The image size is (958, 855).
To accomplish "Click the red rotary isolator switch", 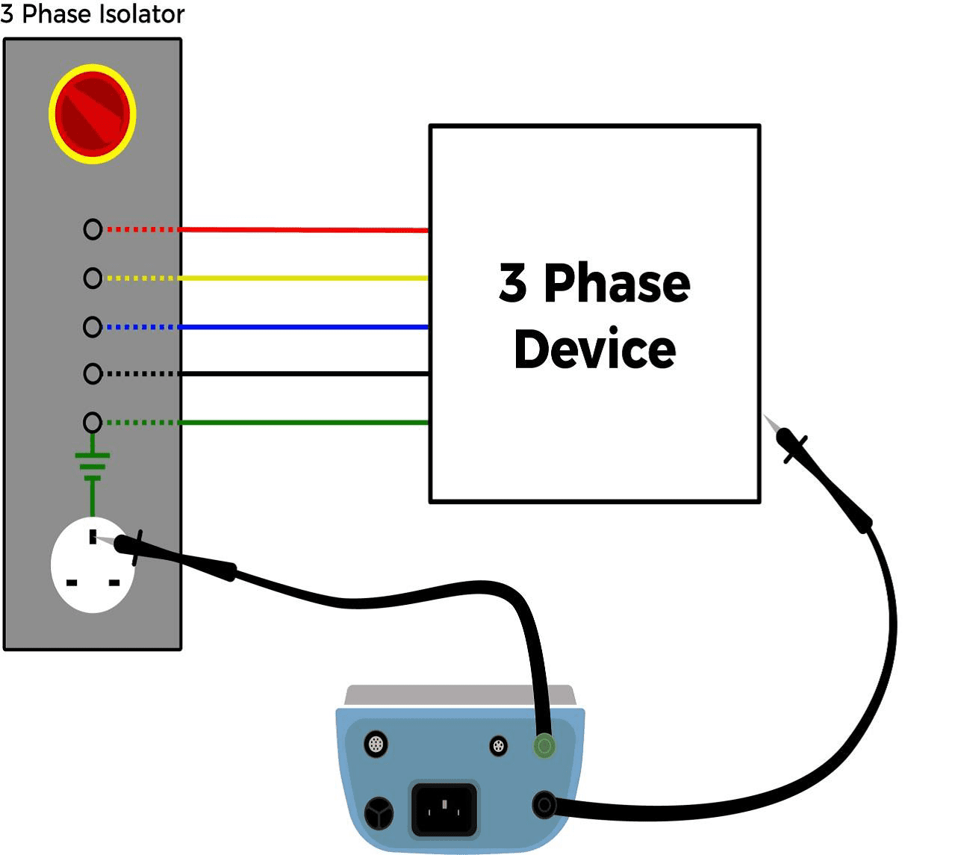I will (x=93, y=114).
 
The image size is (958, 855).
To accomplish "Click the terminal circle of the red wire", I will (x=93, y=229).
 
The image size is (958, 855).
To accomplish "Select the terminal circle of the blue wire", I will (x=93, y=327).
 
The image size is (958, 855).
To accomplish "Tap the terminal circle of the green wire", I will (x=93, y=423).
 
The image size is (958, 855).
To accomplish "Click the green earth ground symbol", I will (x=93, y=466).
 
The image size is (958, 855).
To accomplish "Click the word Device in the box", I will (x=595, y=349).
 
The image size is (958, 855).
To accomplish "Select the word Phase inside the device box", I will (x=617, y=284).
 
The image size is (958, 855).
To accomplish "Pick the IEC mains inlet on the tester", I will (x=445, y=809).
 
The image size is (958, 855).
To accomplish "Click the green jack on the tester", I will (x=544, y=745).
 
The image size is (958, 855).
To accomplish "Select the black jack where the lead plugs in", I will (x=544, y=805).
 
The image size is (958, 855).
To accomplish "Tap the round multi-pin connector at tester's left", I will (x=376, y=744).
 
